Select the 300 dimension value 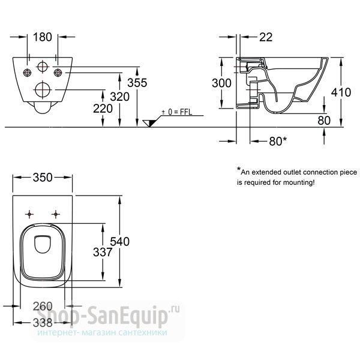pyautogui.click(x=221, y=83)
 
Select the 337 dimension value pyautogui.click(x=103, y=253)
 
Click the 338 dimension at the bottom pyautogui.click(x=43, y=323)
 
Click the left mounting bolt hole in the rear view pyautogui.click(x=28, y=73)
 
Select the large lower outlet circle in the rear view pyautogui.click(x=43, y=89)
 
